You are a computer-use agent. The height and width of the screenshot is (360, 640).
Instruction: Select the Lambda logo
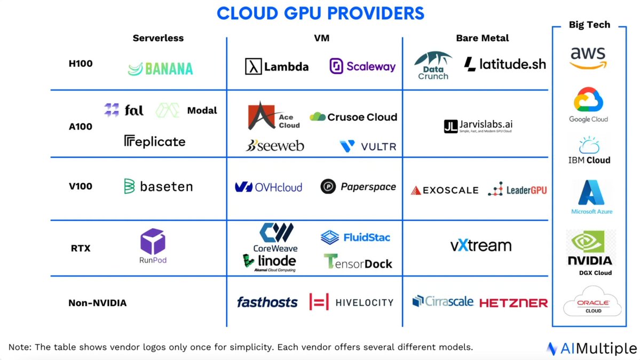pyautogui.click(x=277, y=67)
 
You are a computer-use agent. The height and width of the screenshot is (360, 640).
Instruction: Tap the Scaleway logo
pyautogui.click(x=362, y=67)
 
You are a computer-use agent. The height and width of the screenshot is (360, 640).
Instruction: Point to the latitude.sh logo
pyautogui.click(x=505, y=65)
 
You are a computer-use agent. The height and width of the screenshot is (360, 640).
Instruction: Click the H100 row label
pyautogui.click(x=80, y=64)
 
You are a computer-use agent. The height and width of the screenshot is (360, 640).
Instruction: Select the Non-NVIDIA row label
pyautogui.click(x=97, y=303)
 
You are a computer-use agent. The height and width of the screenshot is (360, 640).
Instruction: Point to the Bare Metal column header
pyautogui.click(x=482, y=38)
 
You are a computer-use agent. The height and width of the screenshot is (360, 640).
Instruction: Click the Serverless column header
pyautogui.click(x=158, y=38)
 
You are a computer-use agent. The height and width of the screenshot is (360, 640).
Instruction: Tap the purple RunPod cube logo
pyautogui.click(x=153, y=242)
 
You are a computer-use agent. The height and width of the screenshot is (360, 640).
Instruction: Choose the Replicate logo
pyautogui.click(x=155, y=142)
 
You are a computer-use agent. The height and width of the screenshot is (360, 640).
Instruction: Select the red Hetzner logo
pyautogui.click(x=513, y=303)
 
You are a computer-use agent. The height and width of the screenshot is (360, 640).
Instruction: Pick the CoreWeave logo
pyautogui.click(x=276, y=237)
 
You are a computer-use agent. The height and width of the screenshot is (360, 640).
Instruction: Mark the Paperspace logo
pyautogui.click(x=358, y=186)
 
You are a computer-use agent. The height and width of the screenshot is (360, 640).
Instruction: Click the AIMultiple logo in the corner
pyautogui.click(x=591, y=348)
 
